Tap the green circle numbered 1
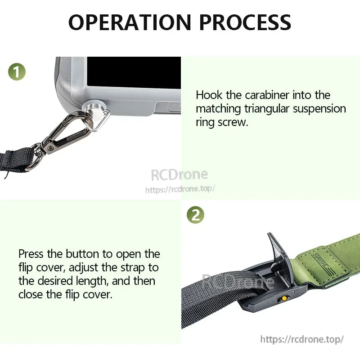point(17,72)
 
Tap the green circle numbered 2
point(195,215)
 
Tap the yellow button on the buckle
point(284,298)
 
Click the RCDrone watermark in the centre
point(179,175)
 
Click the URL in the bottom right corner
point(302,339)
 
